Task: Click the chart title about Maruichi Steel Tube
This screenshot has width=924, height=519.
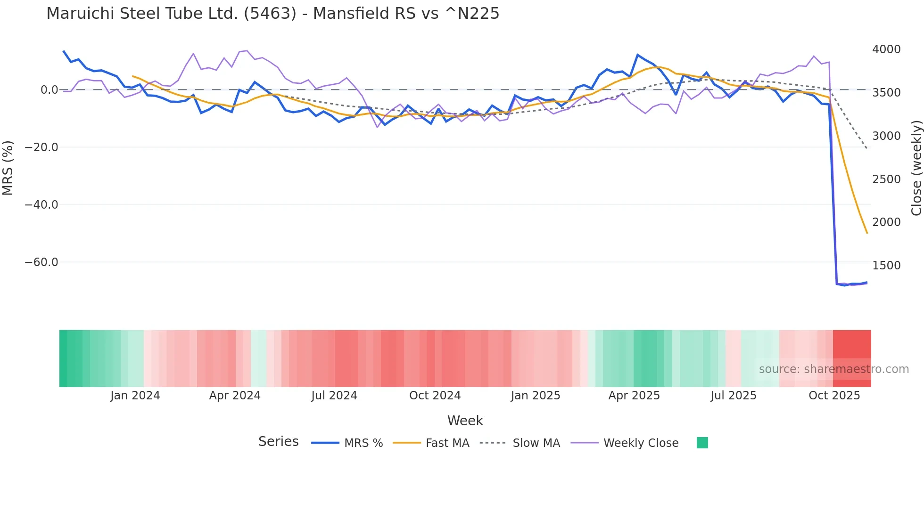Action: tap(272, 14)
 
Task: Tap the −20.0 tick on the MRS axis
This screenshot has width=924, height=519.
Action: tap(41, 147)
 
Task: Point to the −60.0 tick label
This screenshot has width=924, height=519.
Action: tap(41, 262)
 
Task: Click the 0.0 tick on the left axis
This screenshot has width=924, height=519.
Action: tap(49, 90)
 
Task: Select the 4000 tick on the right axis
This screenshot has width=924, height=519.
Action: tap(886, 49)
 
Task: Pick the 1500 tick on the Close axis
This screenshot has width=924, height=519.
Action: tap(886, 266)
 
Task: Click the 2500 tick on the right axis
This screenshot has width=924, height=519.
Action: tap(886, 179)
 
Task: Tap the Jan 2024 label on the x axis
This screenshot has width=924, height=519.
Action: tap(135, 396)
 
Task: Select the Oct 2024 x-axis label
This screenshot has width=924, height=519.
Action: tap(435, 396)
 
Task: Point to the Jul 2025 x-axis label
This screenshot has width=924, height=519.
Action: tap(734, 396)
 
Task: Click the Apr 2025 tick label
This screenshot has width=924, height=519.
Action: tap(634, 396)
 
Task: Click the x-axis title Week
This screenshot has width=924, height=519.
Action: tap(465, 421)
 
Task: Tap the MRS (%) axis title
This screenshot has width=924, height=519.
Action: tap(8, 168)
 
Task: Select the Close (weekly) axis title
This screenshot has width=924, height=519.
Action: tap(916, 168)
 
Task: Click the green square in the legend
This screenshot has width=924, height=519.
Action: tap(702, 443)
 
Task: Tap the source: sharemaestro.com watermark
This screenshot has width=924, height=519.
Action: tap(833, 369)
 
